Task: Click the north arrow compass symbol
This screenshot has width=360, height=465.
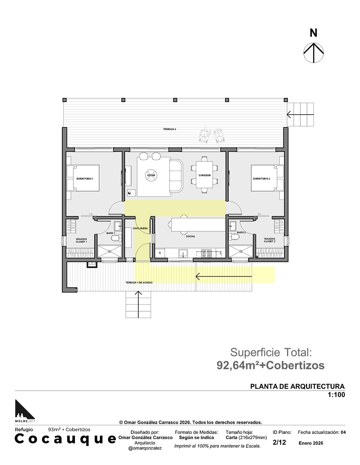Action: [313, 53]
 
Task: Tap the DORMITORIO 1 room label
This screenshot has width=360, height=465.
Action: [85, 179]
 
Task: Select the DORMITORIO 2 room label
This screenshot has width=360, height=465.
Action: [261, 179]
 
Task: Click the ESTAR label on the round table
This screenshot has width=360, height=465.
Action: [151, 175]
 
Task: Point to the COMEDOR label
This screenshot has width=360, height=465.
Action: [204, 175]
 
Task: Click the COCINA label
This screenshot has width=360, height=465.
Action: [190, 236]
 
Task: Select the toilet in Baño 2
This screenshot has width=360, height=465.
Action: [234, 236]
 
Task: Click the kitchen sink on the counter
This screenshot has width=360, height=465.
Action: [183, 253]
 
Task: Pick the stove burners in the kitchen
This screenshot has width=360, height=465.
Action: [206, 253]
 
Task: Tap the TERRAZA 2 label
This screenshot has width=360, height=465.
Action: [170, 129]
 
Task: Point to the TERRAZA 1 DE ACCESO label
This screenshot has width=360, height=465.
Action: [139, 282]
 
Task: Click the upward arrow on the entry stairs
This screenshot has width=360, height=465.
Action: [138, 304]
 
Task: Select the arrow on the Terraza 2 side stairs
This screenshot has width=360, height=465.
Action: [300, 114]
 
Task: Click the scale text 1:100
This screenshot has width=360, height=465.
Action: [336, 394]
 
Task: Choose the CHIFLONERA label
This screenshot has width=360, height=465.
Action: [140, 228]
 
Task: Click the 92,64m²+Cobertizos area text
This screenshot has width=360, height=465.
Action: [270, 365]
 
